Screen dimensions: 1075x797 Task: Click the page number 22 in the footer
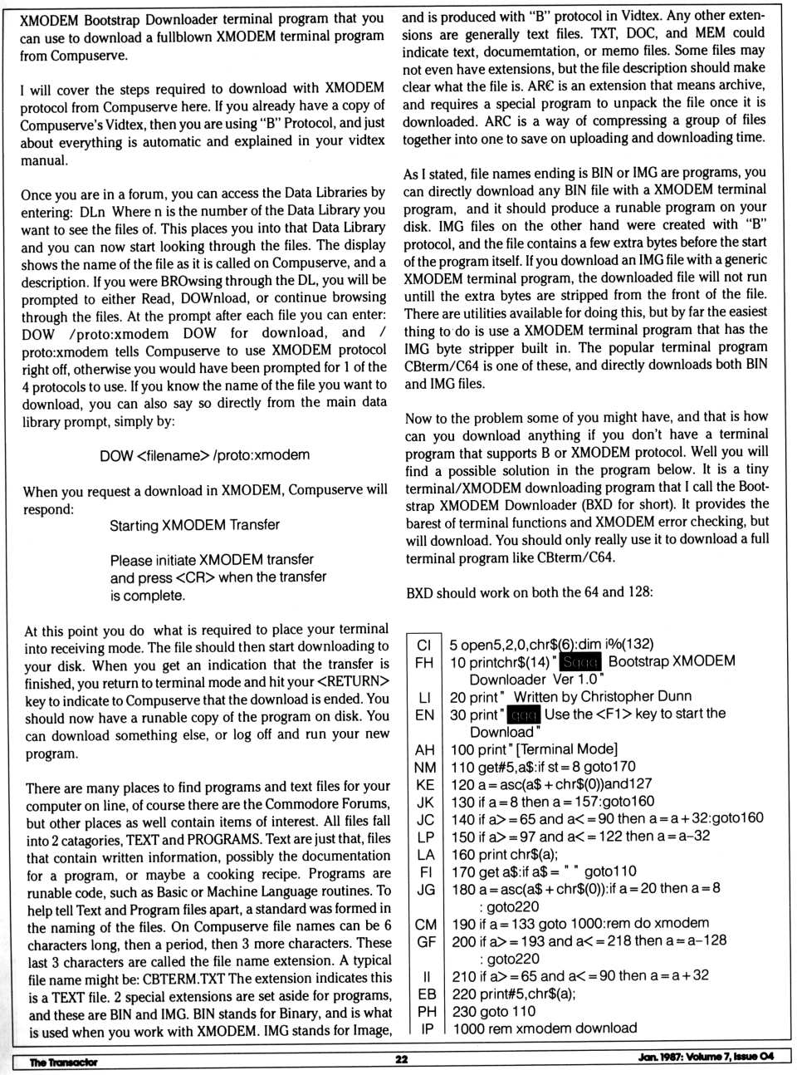(x=401, y=1059)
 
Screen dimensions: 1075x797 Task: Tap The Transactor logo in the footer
(x=63, y=1062)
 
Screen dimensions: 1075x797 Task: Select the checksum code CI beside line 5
(x=424, y=645)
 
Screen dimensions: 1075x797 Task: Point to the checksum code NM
(x=425, y=767)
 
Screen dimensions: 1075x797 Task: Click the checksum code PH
(x=427, y=1011)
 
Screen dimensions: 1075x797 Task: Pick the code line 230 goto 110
(x=494, y=1011)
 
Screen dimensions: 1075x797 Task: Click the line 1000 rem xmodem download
(x=545, y=1028)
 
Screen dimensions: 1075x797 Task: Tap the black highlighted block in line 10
(x=580, y=662)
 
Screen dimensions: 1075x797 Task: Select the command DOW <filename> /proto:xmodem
(x=204, y=455)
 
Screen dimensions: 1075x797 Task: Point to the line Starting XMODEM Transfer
(x=194, y=525)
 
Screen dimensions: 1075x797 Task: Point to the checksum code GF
(x=427, y=941)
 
